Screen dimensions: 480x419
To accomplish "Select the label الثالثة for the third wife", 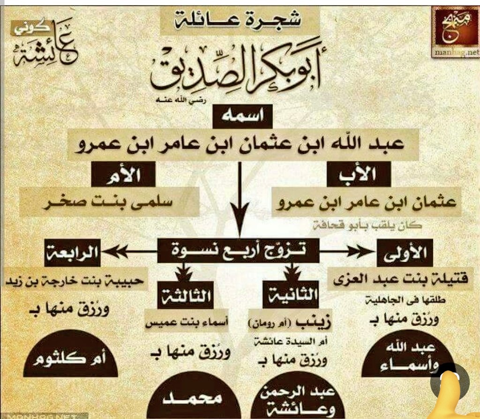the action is click(x=187, y=295).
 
